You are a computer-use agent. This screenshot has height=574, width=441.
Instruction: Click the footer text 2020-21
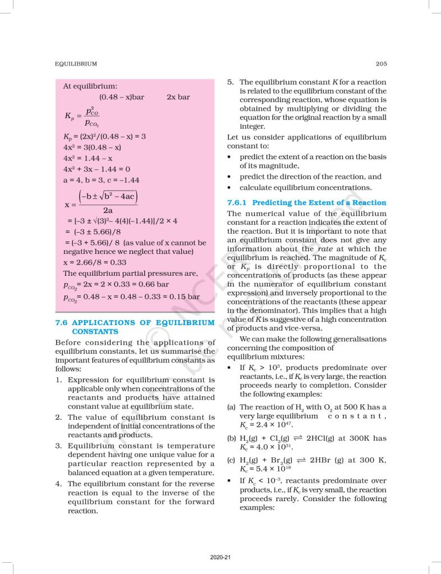[x=220, y=557]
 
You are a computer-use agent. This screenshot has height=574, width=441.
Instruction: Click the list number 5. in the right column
[x=230, y=82]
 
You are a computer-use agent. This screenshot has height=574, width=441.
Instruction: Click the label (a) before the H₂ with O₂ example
[x=231, y=407]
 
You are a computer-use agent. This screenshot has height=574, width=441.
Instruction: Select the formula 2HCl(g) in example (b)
[x=325, y=438]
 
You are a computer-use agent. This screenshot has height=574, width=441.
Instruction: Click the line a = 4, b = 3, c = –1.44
[x=101, y=180]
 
